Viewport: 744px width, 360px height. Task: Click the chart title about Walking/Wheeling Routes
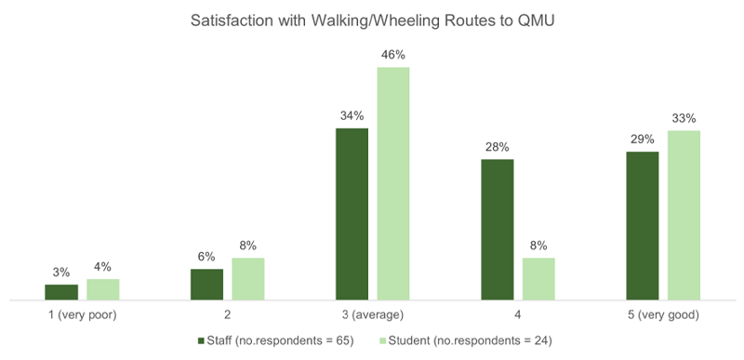(x=372, y=20)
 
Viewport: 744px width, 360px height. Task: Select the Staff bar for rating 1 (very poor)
(x=61, y=292)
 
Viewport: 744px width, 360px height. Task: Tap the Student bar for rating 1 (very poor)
(x=103, y=289)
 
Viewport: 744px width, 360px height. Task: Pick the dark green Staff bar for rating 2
(x=206, y=285)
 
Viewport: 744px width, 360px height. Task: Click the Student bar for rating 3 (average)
(x=393, y=183)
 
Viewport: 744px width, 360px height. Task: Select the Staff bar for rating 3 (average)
(x=352, y=214)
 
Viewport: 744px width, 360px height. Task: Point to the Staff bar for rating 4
(x=497, y=230)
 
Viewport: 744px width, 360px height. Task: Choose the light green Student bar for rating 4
(x=538, y=279)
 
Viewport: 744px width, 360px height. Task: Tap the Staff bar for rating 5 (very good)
(x=642, y=226)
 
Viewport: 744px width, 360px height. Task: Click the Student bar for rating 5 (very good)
(x=684, y=216)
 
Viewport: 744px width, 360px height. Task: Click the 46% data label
(x=393, y=55)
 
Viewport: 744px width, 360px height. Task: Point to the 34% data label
(x=352, y=116)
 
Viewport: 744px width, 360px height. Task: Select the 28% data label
(x=497, y=147)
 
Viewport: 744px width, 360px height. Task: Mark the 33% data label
(x=684, y=118)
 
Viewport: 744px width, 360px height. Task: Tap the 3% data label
(x=61, y=273)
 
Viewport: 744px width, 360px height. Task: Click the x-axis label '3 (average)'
(x=372, y=315)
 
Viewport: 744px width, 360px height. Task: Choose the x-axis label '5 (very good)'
(x=662, y=315)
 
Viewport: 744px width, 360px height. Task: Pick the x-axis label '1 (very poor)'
(x=82, y=315)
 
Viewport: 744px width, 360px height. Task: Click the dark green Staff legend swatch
(x=202, y=340)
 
